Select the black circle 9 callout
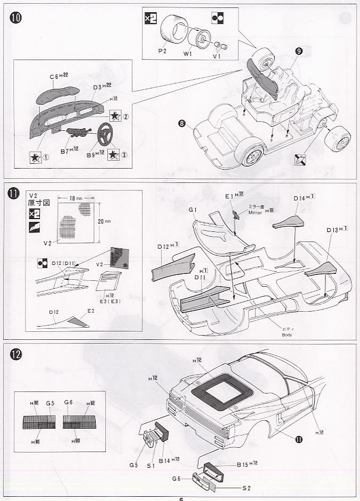298,51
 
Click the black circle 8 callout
182,124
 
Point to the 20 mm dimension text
102,221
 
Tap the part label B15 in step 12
244,464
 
